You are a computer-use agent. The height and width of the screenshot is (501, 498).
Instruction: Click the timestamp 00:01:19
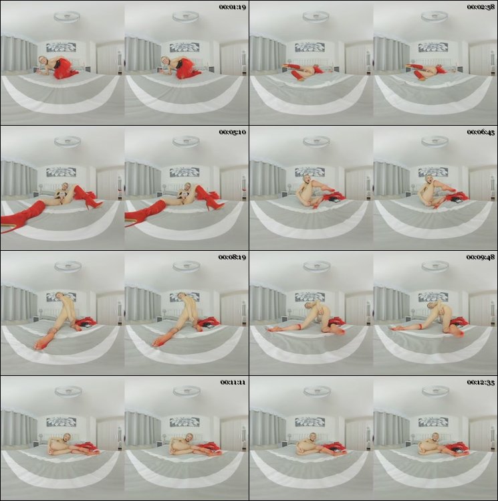pos(233,7)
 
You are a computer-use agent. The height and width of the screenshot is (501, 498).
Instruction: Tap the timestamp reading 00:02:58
pos(481,7)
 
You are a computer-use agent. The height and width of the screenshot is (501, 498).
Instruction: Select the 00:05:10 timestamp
pos(233,132)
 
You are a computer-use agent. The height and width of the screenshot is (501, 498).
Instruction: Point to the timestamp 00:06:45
pos(481,132)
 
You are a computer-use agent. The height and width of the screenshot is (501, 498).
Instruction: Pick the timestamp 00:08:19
pos(232,258)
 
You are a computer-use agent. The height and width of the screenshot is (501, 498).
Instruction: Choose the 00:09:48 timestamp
pos(481,258)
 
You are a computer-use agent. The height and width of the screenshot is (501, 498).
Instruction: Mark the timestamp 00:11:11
pos(233,382)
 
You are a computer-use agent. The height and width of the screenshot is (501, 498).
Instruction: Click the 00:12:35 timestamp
pos(481,382)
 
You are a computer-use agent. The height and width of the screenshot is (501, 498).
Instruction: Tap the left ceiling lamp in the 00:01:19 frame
pos(67,17)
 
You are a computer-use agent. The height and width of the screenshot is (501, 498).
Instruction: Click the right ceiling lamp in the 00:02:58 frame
pos(434,17)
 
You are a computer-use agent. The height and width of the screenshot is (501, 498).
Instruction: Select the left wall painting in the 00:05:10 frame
pos(61,173)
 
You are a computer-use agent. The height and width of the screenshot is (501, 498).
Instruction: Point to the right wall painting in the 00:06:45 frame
pos(433,173)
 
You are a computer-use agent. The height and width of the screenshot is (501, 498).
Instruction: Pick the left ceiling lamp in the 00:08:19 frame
pos(68,266)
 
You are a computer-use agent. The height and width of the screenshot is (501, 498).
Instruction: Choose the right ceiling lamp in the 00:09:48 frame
pos(434,266)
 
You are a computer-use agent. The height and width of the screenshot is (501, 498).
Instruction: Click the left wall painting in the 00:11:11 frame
pos(61,422)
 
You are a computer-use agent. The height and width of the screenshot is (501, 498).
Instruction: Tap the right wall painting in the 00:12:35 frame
pos(433,422)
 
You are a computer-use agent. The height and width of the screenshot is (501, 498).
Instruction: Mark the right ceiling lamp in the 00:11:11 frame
pos(186,391)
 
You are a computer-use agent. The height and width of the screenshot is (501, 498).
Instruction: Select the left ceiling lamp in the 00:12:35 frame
pos(316,391)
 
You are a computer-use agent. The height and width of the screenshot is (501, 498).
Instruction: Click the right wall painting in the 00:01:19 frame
pos(184,47)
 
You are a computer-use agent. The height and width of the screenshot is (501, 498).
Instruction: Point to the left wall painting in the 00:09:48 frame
pos(309,298)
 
